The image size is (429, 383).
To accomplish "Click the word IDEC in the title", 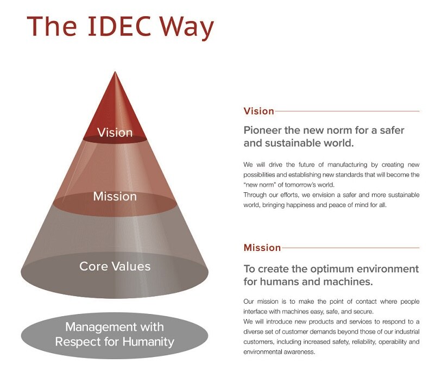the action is tap(119, 26).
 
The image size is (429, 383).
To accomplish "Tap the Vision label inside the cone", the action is tap(115, 133).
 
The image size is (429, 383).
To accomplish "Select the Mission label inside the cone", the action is tap(115, 196).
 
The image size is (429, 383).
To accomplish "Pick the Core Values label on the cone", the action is tap(115, 266).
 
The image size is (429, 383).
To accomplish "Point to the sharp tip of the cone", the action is tap(115, 72).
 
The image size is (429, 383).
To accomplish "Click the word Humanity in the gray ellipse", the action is tap(148, 342).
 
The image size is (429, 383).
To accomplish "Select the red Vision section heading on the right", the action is tap(258, 111).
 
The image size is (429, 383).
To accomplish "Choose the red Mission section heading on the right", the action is tap(262, 248).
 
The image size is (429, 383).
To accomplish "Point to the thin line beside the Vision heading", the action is tap(347, 111).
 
